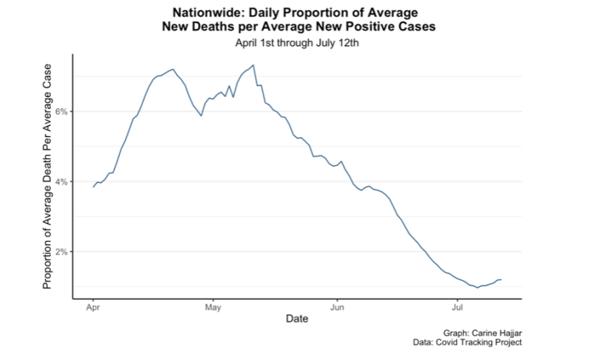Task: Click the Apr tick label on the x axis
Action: click(x=93, y=307)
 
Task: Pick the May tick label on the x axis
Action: click(x=213, y=307)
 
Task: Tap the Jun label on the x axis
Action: click(x=336, y=307)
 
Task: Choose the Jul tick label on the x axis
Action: click(x=457, y=307)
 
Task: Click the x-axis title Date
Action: click(x=296, y=319)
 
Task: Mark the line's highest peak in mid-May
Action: click(x=253, y=65)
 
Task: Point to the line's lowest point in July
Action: click(x=477, y=288)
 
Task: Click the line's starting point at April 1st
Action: click(x=93, y=187)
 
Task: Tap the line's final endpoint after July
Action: click(x=501, y=279)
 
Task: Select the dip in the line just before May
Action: click(x=202, y=116)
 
